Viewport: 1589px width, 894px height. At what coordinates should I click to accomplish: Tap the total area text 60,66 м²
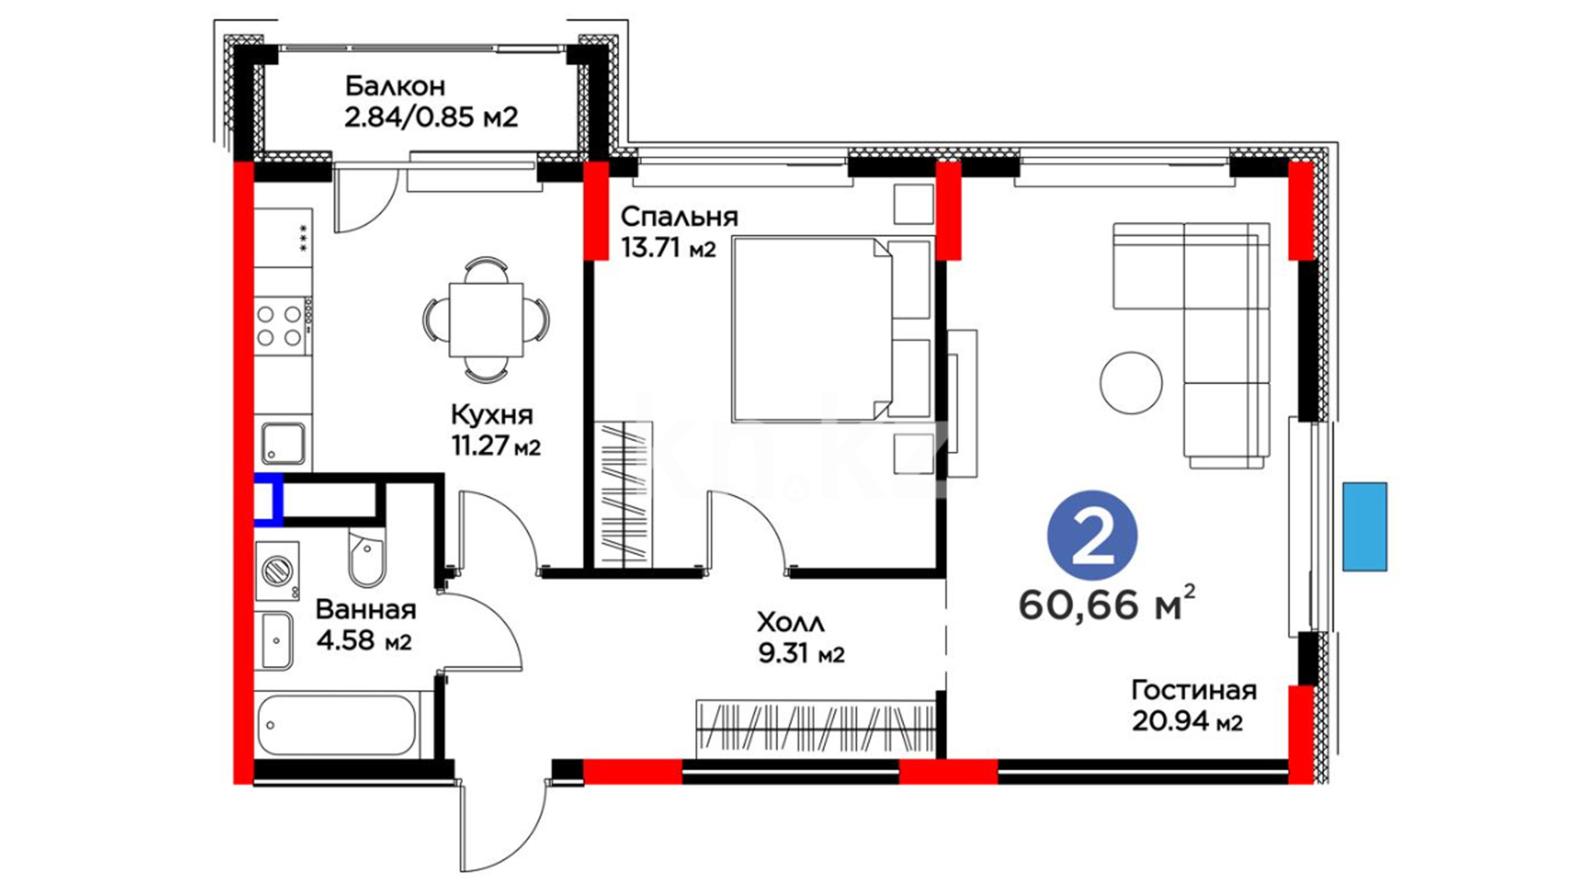[x=1107, y=603]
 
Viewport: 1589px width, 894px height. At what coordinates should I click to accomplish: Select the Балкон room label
[x=395, y=86]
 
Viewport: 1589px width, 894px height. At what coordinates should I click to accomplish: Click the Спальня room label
[x=679, y=217]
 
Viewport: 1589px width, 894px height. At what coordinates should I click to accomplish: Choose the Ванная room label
[x=366, y=610]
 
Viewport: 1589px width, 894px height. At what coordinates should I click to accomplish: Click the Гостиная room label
[x=1193, y=690]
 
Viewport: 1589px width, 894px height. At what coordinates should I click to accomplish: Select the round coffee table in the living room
[x=1131, y=382]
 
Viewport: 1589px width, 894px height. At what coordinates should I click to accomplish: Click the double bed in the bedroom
[x=833, y=329]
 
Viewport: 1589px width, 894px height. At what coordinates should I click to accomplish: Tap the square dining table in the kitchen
[x=486, y=320]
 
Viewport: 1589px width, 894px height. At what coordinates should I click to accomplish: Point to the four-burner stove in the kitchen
[x=282, y=326]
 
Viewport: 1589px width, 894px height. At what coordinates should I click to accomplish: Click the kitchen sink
[x=283, y=444]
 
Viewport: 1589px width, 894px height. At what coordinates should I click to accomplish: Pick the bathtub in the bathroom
[x=336, y=725]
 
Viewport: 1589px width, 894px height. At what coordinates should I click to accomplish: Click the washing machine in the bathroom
[x=277, y=571]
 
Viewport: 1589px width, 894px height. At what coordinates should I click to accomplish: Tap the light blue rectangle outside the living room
[x=1364, y=526]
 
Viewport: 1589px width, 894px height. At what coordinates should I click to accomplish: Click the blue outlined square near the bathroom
[x=268, y=499]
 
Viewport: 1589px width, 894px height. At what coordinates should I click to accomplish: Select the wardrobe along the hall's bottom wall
[x=816, y=728]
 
